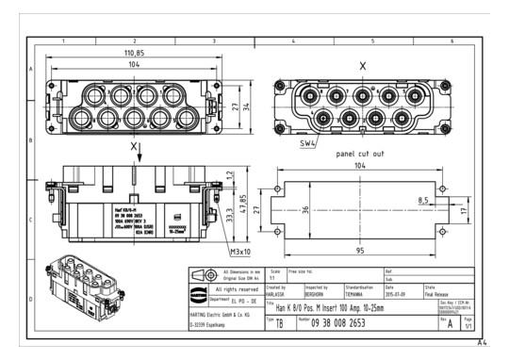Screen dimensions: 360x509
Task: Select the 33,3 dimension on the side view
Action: [x=229, y=216]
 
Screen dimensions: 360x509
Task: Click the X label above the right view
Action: [x=362, y=66]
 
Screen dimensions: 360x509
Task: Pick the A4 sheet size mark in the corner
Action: [x=481, y=344]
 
